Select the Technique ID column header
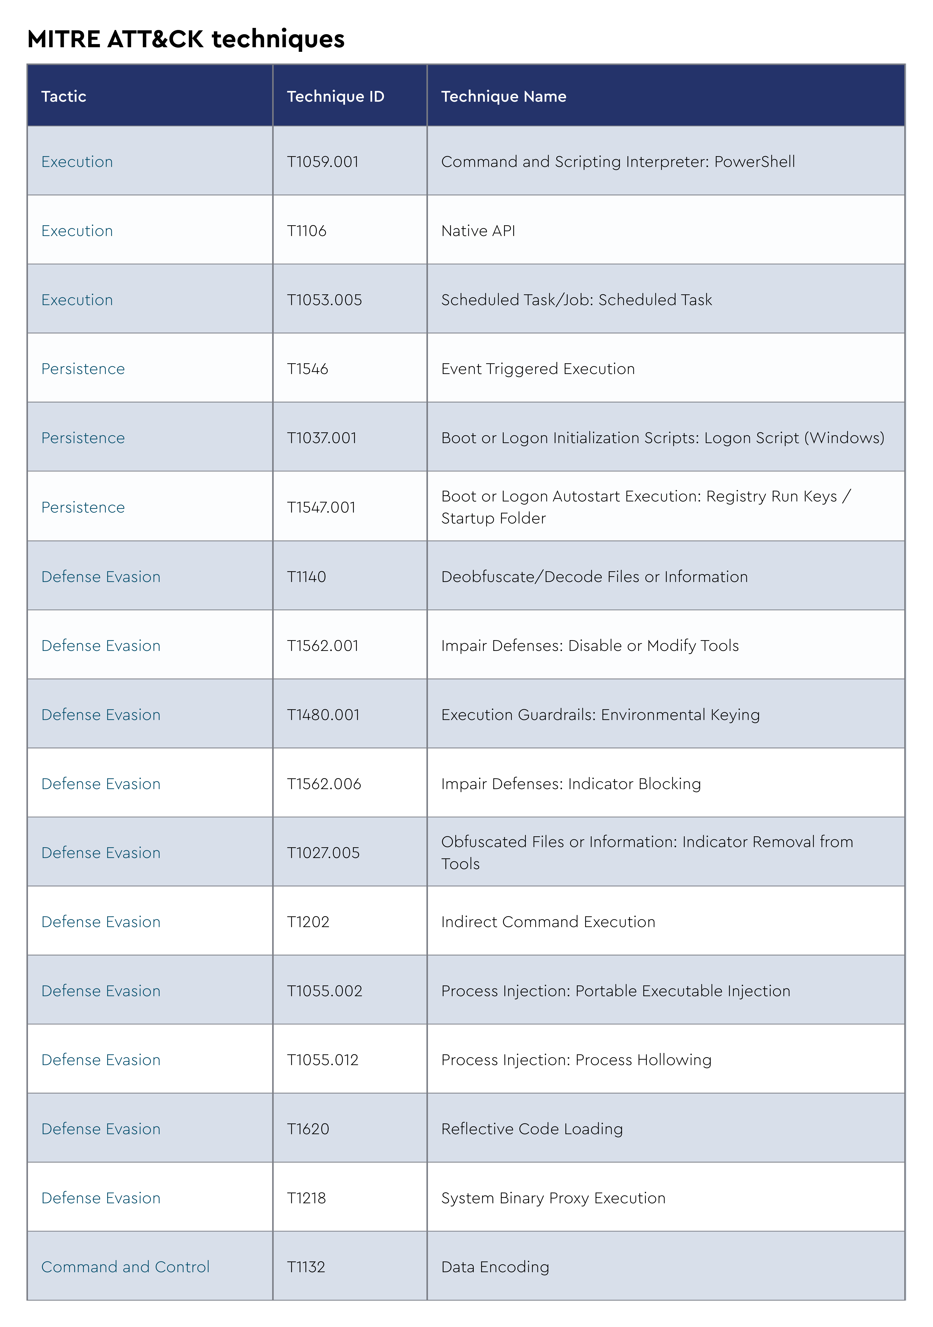click(x=335, y=97)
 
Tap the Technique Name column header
click(x=504, y=97)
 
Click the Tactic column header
click(x=64, y=97)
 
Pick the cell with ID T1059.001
click(x=323, y=162)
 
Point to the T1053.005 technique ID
click(x=324, y=300)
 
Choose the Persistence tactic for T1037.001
click(x=83, y=438)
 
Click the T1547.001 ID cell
click(x=321, y=507)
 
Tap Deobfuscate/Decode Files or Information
click(x=594, y=577)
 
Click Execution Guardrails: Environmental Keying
click(x=600, y=715)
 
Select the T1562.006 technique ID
click(x=324, y=784)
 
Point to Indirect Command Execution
click(x=548, y=922)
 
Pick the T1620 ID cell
click(x=308, y=1129)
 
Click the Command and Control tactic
click(x=125, y=1267)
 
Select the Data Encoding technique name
click(x=495, y=1267)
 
